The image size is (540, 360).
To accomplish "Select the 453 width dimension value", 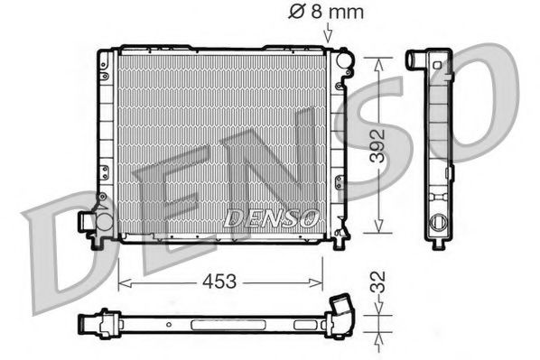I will [x=219, y=282].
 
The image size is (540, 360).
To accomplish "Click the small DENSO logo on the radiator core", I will [x=272, y=217].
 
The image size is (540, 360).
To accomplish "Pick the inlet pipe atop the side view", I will [x=416, y=61].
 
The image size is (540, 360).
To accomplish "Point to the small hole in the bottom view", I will [x=167, y=321].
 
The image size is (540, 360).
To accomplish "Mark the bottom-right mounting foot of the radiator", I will [x=340, y=241].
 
